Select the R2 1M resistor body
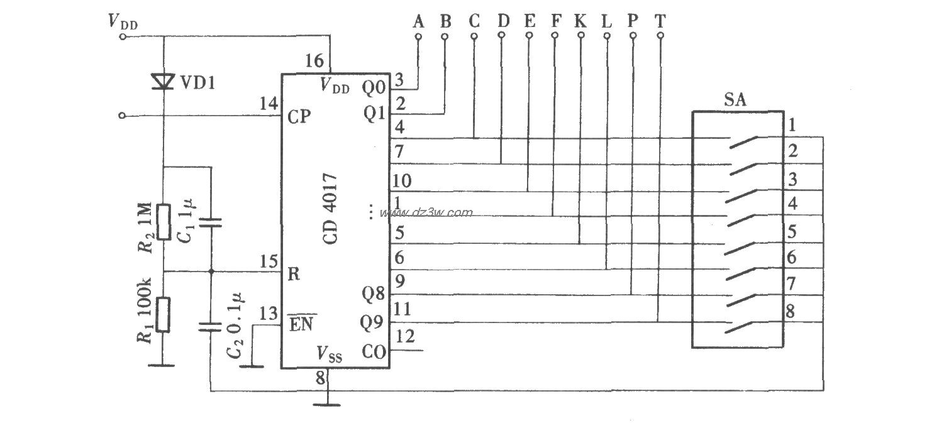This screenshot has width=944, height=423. click(164, 222)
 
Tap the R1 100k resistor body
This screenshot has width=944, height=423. click(164, 315)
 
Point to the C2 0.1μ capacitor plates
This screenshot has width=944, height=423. click(210, 327)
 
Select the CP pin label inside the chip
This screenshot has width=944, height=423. click(300, 117)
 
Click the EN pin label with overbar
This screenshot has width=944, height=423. click(303, 324)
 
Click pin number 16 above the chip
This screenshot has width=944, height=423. click(314, 61)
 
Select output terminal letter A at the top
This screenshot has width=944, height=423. click(418, 21)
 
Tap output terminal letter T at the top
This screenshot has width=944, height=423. click(659, 21)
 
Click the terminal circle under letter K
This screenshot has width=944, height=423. click(580, 36)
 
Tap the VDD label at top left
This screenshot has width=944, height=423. click(123, 23)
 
